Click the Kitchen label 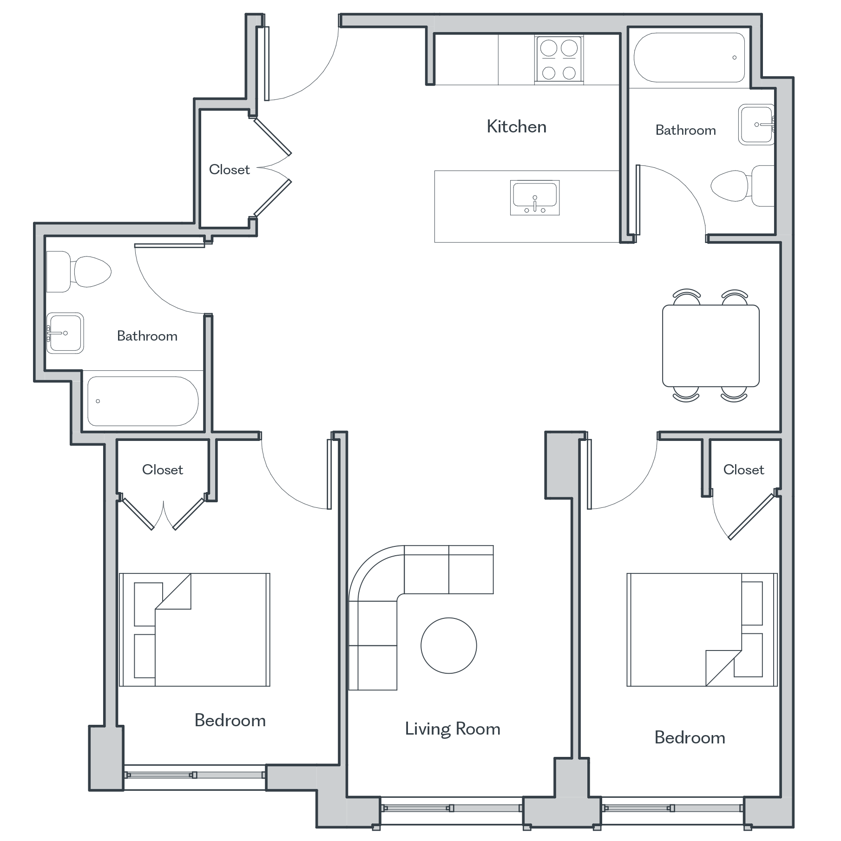click(516, 127)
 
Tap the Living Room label click(453, 729)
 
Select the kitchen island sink click(535, 197)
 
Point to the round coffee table click(449, 645)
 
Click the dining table click(710, 346)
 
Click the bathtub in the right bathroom click(690, 58)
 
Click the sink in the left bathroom click(65, 333)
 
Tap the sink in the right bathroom click(756, 125)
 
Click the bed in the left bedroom click(195, 630)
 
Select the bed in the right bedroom click(702, 630)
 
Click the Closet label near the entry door click(229, 170)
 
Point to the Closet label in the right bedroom click(743, 470)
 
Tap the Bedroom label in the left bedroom click(230, 720)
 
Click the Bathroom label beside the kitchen click(685, 130)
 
